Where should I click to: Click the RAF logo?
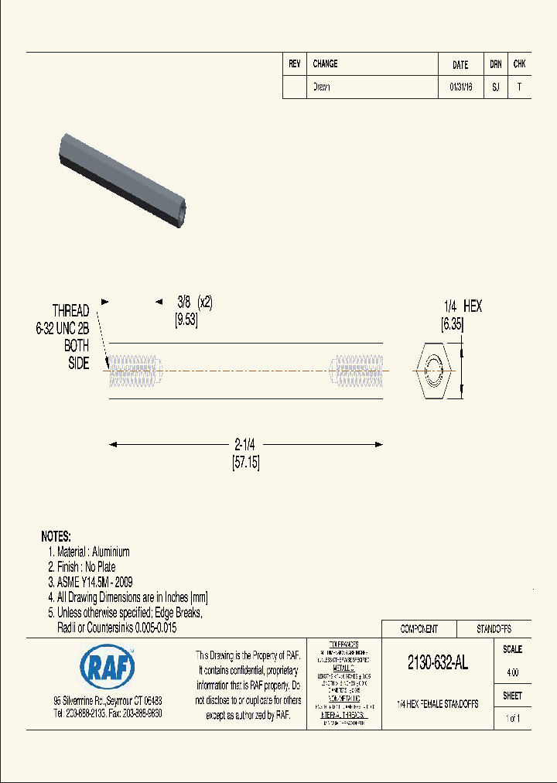107,665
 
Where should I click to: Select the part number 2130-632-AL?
437,663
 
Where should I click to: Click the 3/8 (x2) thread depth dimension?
194,303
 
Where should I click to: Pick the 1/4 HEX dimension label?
463,306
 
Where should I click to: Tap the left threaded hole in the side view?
135,371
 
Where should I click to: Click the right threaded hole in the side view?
357,371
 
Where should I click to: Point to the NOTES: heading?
56,536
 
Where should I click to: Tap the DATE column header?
460,65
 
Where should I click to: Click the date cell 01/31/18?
460,87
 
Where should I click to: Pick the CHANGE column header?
325,64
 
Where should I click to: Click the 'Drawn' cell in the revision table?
322,87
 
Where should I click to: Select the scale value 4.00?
512,673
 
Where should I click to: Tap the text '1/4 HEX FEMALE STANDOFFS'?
437,704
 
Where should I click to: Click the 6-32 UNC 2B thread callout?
63,328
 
